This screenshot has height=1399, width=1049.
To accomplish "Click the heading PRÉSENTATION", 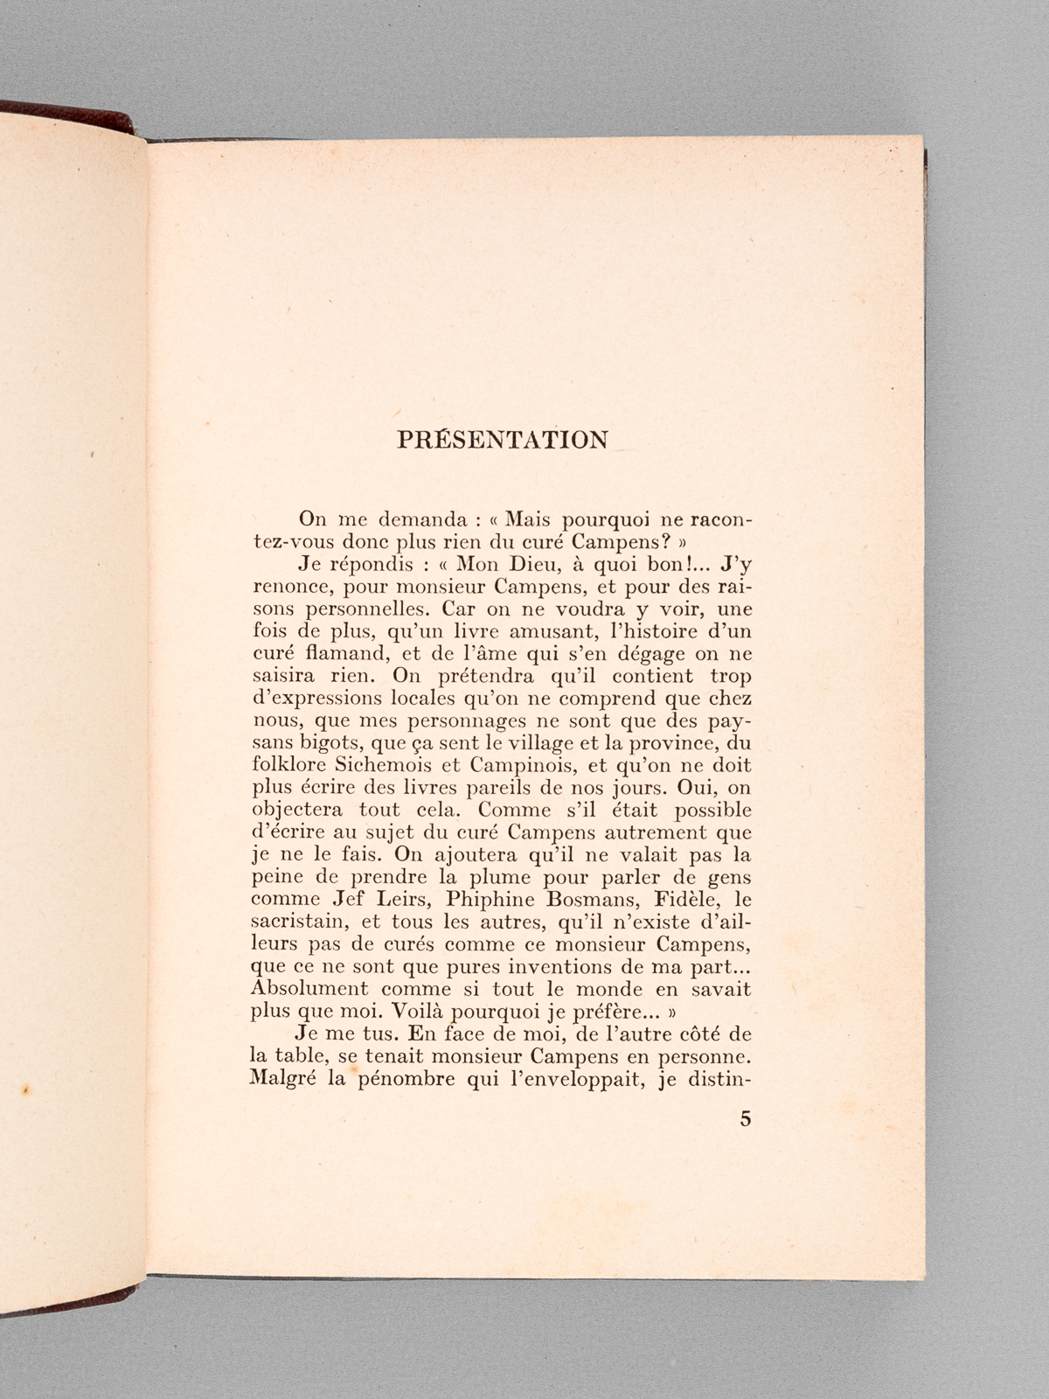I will (x=503, y=439).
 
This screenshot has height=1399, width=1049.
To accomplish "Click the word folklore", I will (x=286, y=767).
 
